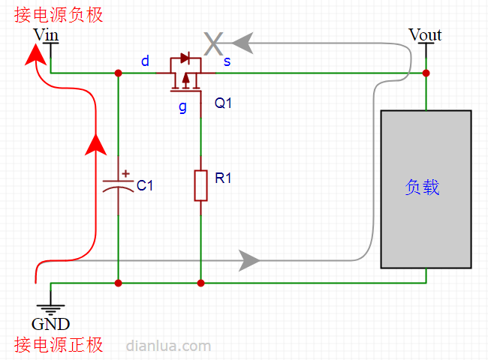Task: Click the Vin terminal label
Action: pyautogui.click(x=46, y=34)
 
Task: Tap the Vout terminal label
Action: pyautogui.click(x=425, y=34)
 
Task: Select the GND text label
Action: pyautogui.click(x=51, y=324)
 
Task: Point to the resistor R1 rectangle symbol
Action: pyautogui.click(x=200, y=185)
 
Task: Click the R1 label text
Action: pyautogui.click(x=223, y=178)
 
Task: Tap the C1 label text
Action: pyautogui.click(x=145, y=185)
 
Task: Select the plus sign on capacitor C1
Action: pyautogui.click(x=125, y=173)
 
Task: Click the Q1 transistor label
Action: pyautogui.click(x=223, y=103)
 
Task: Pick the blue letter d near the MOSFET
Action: pyautogui.click(x=145, y=61)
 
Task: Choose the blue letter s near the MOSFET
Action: pyautogui.click(x=227, y=61)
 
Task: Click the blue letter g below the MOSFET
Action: pyautogui.click(x=182, y=107)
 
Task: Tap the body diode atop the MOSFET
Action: pyautogui.click(x=185, y=58)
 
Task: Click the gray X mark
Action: pyautogui.click(x=213, y=43)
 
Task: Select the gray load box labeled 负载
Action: pyautogui.click(x=426, y=189)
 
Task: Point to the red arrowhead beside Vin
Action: pyautogui.click(x=35, y=55)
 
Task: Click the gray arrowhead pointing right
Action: pyautogui.click(x=249, y=260)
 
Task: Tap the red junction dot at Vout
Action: pyautogui.click(x=426, y=73)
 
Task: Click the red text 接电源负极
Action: pyautogui.click(x=59, y=15)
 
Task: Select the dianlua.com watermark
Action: pyautogui.click(x=168, y=346)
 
